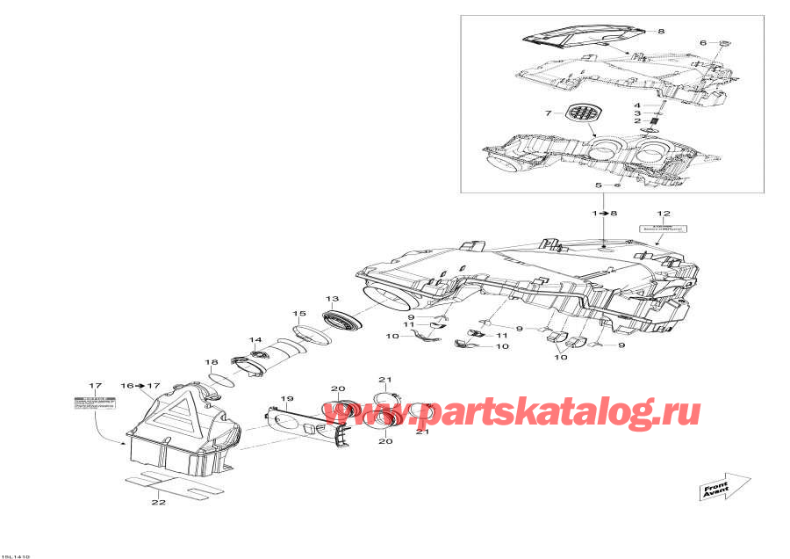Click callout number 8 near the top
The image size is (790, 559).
coord(662,31)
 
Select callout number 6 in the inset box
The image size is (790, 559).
coord(702,42)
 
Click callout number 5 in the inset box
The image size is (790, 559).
coord(599,185)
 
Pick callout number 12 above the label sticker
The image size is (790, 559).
coord(663,214)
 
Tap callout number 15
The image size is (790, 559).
coord(298,314)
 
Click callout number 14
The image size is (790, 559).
coord(255,340)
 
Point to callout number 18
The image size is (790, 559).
coord(212,362)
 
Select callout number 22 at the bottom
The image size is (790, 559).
coord(158,503)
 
